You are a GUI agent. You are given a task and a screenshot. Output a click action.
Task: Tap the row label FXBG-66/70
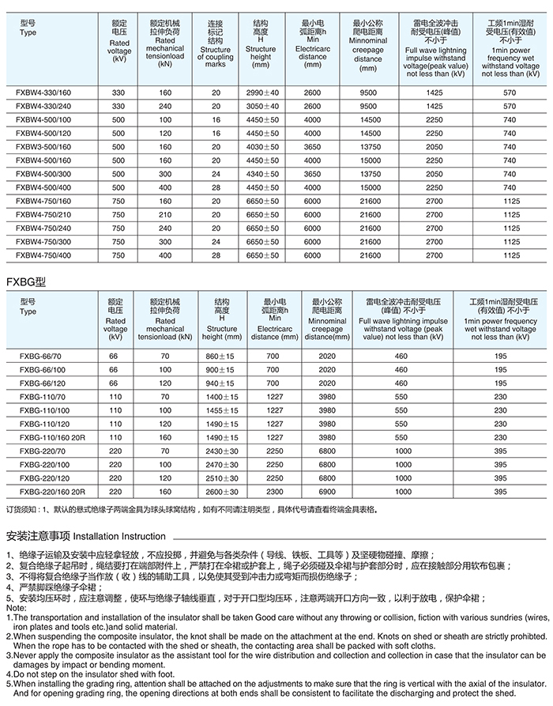point(37,356)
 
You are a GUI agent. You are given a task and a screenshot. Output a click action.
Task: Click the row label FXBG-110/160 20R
point(48,437)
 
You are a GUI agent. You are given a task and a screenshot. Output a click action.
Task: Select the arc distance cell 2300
point(274,492)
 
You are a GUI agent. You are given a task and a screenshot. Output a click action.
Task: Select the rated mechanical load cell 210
point(164,214)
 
